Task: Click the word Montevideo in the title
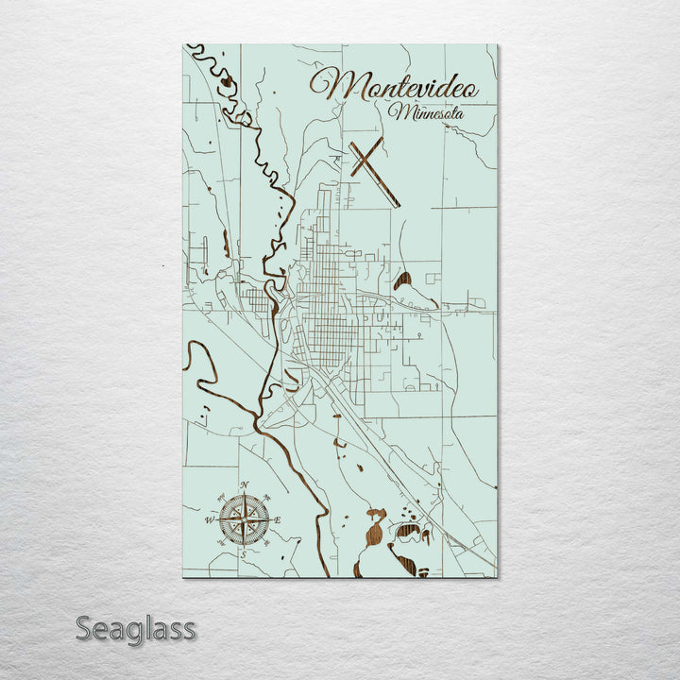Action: click(394, 86)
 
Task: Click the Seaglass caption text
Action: click(135, 628)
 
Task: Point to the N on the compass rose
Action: click(245, 485)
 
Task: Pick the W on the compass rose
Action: click(209, 519)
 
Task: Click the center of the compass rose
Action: click(244, 518)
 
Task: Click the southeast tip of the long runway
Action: click(397, 204)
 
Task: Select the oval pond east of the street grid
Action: click(402, 280)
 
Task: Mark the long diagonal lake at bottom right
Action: click(403, 564)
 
